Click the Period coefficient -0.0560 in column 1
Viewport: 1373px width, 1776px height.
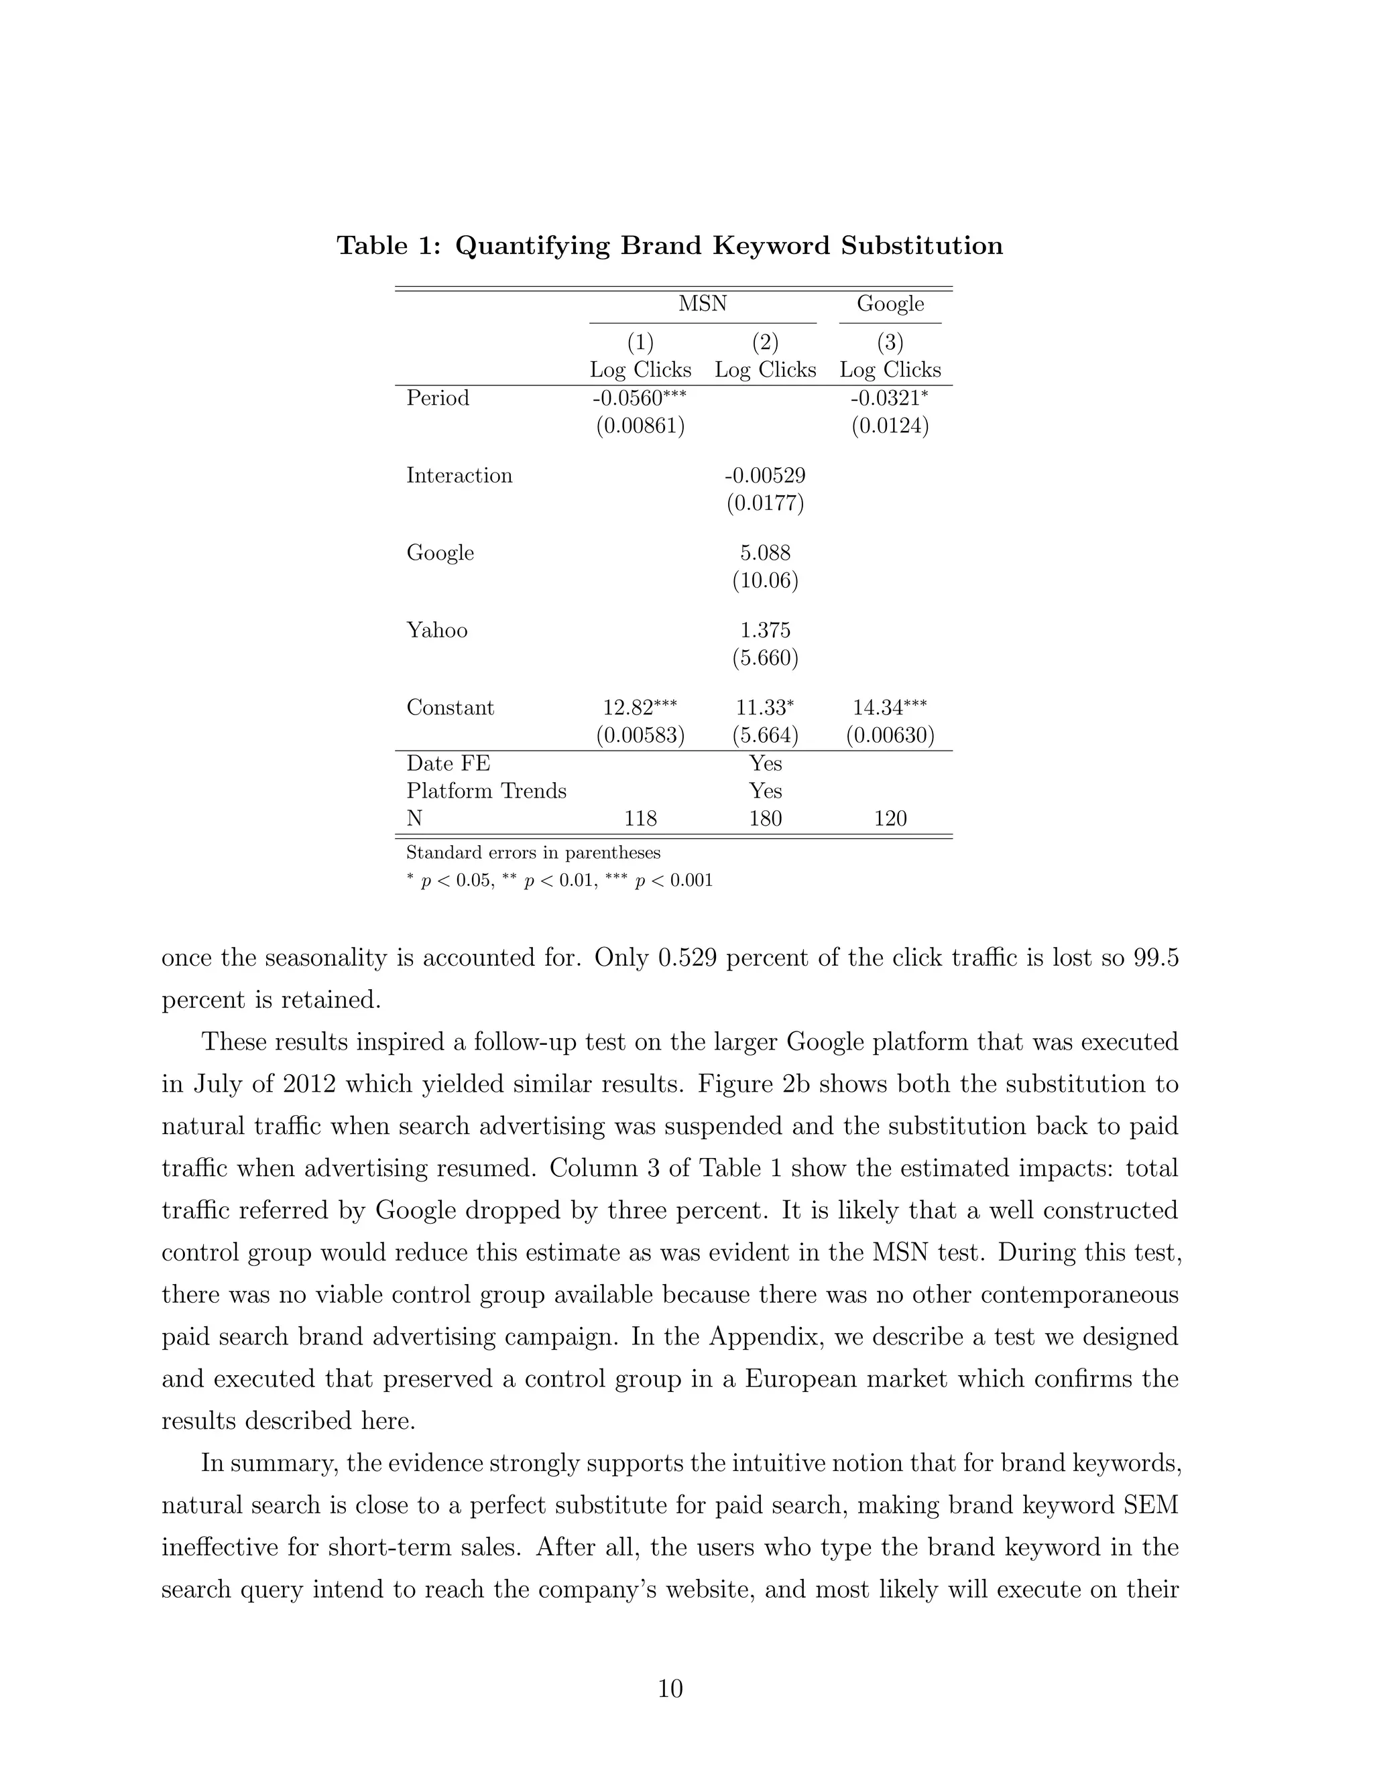633,399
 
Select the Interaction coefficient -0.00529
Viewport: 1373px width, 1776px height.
764,476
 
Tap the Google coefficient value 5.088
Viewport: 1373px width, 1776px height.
764,553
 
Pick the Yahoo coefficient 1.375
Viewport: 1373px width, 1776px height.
764,630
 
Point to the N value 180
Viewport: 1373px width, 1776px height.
764,818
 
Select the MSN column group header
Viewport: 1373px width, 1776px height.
703,304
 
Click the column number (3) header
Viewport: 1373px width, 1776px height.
890,342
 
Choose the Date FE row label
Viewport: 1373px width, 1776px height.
449,763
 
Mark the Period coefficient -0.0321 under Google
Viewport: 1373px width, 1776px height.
885,399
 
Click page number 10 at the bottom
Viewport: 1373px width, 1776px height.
670,1689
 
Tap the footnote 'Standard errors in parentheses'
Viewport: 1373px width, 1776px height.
533,852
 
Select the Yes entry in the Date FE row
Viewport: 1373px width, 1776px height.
764,763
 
